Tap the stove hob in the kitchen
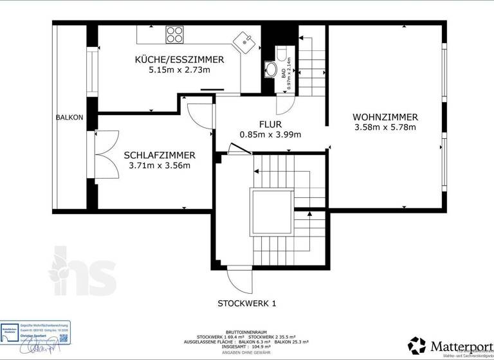174,33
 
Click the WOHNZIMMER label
385,117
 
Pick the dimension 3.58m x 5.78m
385,127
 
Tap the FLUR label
270,124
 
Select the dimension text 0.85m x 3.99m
270,134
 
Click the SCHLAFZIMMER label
160,155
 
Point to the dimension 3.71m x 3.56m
160,165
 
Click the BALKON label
69,117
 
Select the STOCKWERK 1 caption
246,303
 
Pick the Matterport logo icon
417,345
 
